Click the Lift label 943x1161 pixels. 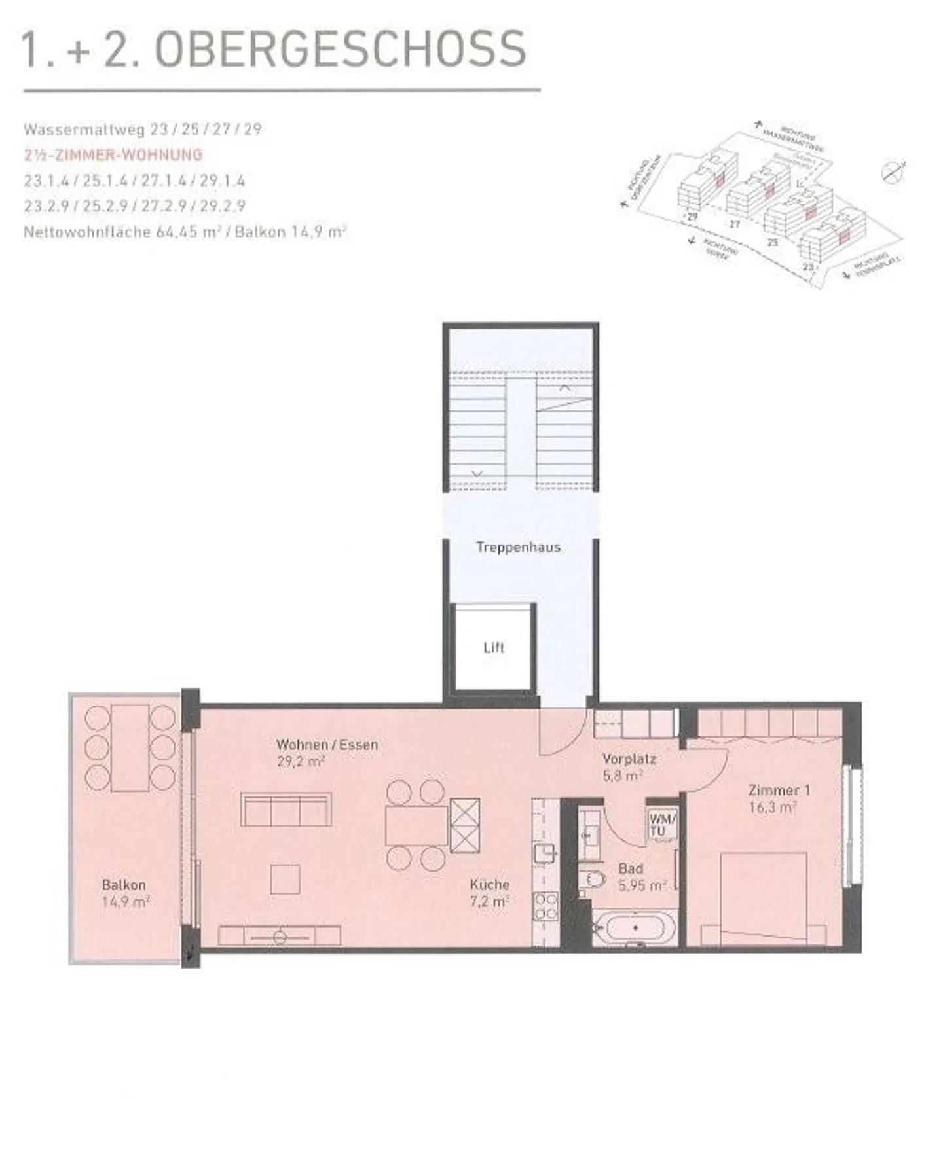click(x=494, y=647)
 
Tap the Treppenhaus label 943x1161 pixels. click(x=518, y=547)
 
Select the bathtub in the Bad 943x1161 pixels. click(x=635, y=928)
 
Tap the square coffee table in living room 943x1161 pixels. click(x=285, y=879)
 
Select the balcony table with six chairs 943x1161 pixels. click(x=130, y=747)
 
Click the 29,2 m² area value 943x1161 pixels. click(x=301, y=761)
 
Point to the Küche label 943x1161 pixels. click(x=489, y=884)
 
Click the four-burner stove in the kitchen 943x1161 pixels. click(x=545, y=906)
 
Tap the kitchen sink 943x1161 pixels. click(x=545, y=853)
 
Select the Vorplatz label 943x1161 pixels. click(x=629, y=759)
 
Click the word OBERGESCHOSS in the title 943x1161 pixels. click(x=341, y=48)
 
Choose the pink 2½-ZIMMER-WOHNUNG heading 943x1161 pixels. click(x=113, y=155)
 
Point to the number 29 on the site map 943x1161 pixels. click(x=692, y=215)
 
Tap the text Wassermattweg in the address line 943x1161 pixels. click(x=84, y=129)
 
